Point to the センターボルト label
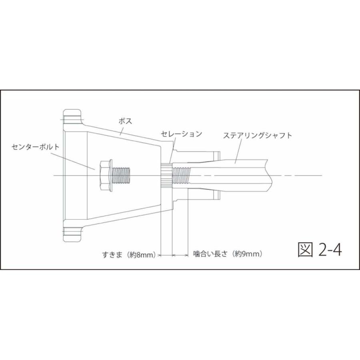36,146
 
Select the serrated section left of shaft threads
166,175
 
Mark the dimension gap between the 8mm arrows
166,254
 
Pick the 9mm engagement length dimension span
180,254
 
